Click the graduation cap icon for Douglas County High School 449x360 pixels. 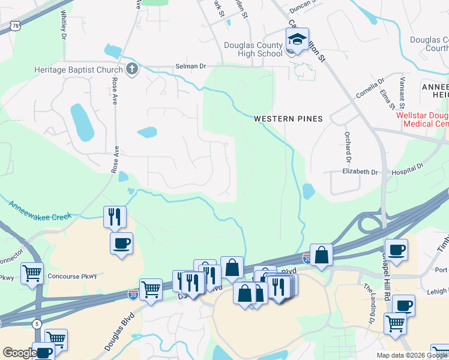click(297, 40)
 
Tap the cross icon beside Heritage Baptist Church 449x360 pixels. click(132, 70)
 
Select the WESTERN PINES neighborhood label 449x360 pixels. click(288, 119)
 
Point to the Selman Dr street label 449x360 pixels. click(190, 66)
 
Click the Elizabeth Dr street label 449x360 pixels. click(360, 172)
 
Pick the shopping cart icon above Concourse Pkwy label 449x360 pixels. click(32, 272)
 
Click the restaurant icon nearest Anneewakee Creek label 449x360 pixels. click(114, 216)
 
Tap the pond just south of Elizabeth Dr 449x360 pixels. click(309, 191)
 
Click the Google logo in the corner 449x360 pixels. click(19, 353)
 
